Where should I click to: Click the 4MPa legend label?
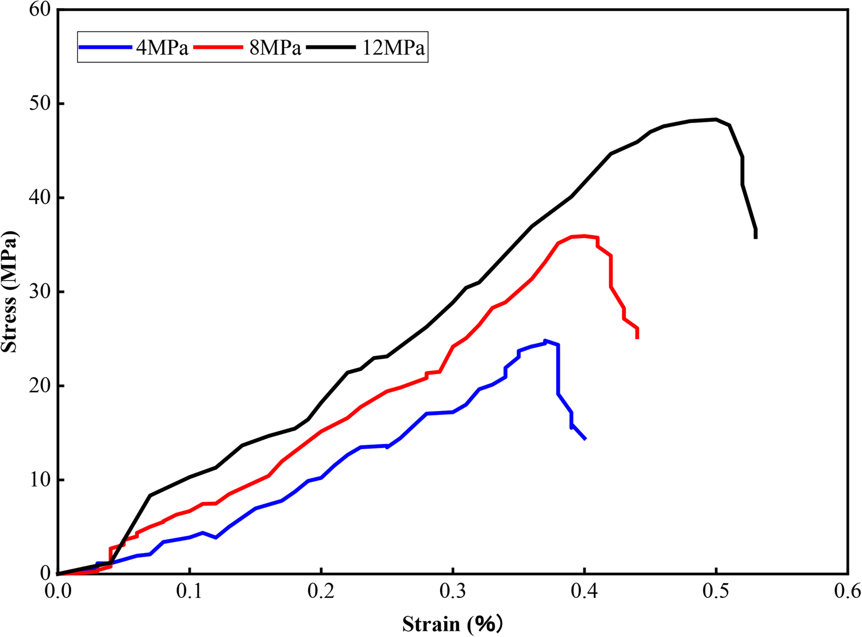[x=162, y=48]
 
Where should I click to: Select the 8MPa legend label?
[x=275, y=48]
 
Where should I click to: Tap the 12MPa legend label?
[x=393, y=48]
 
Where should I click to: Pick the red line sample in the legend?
[x=218, y=47]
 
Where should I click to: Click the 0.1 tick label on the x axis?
[x=190, y=591]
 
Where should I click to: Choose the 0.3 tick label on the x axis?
[x=453, y=591]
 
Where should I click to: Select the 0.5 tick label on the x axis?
[x=716, y=591]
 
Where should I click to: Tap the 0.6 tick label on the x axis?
[x=848, y=591]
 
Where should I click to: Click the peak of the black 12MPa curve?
[x=715, y=120]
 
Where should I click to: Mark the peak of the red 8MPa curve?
[x=584, y=236]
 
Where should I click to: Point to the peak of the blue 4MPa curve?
[x=545, y=341]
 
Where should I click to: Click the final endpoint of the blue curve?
[x=585, y=439]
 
